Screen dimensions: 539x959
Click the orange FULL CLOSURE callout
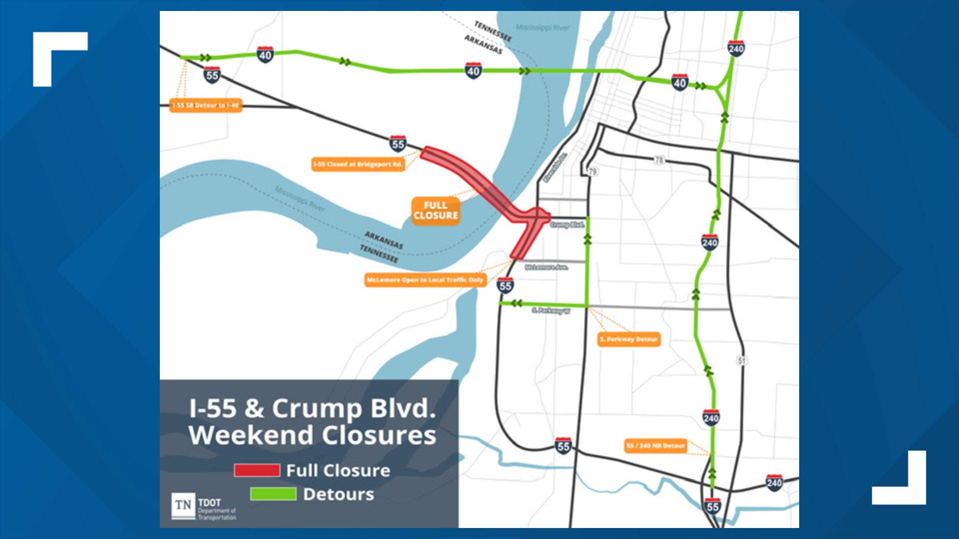(x=436, y=211)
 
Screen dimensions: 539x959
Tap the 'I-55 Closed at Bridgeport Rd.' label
(x=358, y=164)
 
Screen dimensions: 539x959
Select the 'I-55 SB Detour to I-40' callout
(x=206, y=105)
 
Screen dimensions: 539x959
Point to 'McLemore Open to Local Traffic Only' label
(x=425, y=280)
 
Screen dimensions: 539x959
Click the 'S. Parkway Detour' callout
(x=629, y=339)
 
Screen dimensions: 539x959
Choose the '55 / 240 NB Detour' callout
(x=655, y=446)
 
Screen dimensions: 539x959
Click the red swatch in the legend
(x=257, y=470)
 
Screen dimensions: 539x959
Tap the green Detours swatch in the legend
(x=273, y=494)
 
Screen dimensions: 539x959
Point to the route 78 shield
(x=659, y=160)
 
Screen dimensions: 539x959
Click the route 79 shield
(x=592, y=171)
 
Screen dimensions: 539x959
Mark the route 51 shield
(x=742, y=360)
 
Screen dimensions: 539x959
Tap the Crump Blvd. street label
(x=567, y=225)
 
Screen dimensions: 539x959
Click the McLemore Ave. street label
(x=546, y=268)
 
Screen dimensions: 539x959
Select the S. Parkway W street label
(x=551, y=311)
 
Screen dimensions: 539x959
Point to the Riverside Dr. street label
(x=555, y=167)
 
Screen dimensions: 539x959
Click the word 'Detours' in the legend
(x=338, y=494)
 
